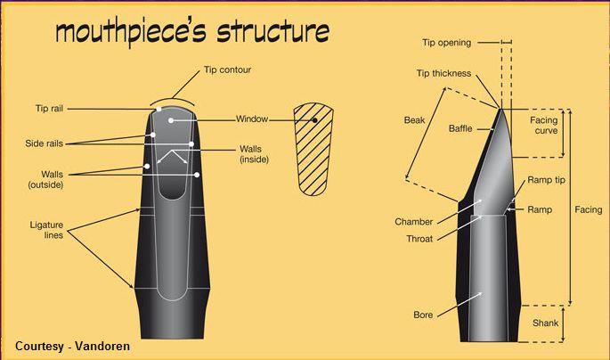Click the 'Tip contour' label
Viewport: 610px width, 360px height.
228,70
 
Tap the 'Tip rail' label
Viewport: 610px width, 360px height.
49,108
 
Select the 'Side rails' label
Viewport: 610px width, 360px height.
44,143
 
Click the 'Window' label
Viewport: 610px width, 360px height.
252,119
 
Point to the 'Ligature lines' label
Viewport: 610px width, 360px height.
46,230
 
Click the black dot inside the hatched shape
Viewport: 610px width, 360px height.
314,120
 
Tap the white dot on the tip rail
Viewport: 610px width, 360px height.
159,110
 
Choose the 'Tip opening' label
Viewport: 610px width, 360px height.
447,43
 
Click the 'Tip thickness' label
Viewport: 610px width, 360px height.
443,73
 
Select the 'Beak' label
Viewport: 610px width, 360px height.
414,120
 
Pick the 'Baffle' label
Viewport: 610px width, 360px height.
460,128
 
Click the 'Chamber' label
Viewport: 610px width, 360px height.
413,222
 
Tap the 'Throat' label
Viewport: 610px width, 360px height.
419,239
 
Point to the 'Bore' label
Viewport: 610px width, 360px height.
423,315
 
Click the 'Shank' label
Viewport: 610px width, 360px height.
545,323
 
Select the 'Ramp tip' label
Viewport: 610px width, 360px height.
546,180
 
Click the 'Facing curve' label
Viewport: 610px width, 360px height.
544,126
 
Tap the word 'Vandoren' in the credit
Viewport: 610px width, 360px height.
102,346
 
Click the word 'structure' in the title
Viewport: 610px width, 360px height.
273,31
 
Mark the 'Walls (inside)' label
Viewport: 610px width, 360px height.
254,154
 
